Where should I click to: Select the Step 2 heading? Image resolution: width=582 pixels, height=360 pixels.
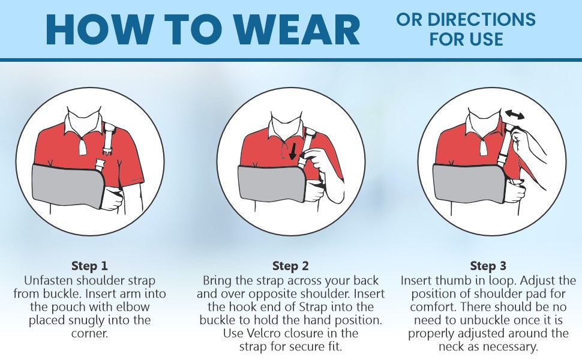[290, 266]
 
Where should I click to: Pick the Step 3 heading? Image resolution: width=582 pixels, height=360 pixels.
[488, 266]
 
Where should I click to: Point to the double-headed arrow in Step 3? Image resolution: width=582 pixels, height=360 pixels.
[514, 115]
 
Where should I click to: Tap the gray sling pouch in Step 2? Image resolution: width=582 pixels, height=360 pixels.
[270, 184]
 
